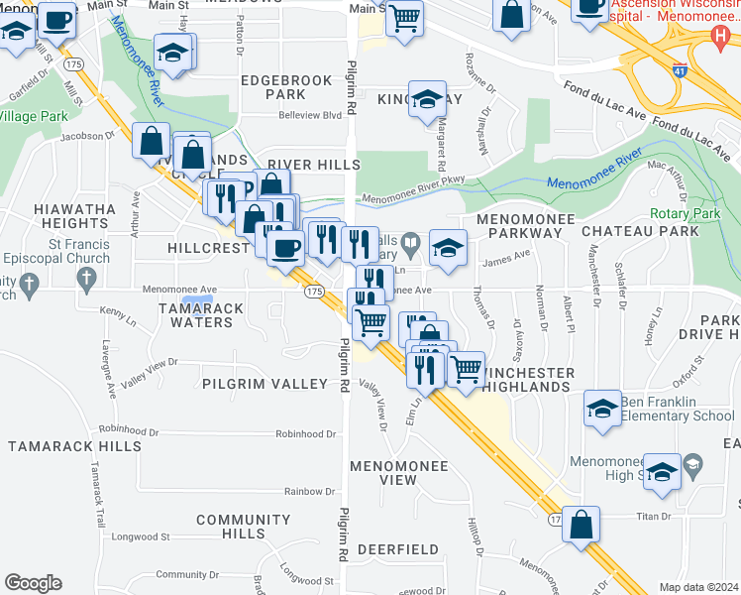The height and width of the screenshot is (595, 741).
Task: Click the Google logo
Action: [33, 583]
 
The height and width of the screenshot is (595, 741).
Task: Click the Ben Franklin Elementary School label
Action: [678, 409]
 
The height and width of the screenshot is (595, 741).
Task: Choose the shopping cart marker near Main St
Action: [404, 18]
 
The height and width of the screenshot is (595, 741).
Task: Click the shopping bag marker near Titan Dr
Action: [582, 524]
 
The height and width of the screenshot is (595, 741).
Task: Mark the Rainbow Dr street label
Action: [309, 491]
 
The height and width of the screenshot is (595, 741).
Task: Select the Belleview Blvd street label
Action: [312, 115]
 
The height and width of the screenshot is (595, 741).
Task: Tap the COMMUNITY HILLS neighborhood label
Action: [243, 527]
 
